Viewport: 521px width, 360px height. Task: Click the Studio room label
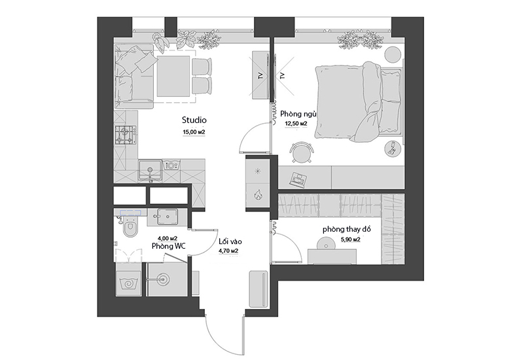(x=194, y=120)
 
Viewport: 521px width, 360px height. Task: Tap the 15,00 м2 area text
(x=194, y=132)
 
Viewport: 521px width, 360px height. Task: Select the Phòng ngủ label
(x=298, y=114)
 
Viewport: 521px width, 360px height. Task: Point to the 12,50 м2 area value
(x=296, y=124)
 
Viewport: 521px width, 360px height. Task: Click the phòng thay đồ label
(x=346, y=229)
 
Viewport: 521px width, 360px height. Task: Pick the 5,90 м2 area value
(x=351, y=240)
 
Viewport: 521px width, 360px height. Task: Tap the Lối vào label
(x=230, y=242)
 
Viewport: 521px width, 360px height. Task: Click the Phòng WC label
(x=168, y=246)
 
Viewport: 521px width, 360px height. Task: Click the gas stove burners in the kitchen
(x=126, y=135)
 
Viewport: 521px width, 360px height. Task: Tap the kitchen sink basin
(x=150, y=170)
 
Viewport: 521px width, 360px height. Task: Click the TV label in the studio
(x=260, y=75)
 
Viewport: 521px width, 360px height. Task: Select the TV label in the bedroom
(x=283, y=75)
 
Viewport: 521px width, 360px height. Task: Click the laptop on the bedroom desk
(x=298, y=179)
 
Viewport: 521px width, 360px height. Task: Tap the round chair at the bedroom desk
(x=302, y=153)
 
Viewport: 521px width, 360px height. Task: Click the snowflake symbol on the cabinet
(x=257, y=171)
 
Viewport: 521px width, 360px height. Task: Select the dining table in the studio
(x=173, y=76)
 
